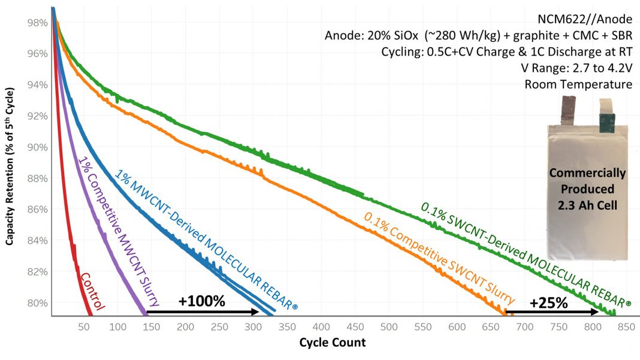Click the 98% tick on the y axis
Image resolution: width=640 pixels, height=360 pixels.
(38, 23)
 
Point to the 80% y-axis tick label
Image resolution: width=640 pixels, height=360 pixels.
(38, 302)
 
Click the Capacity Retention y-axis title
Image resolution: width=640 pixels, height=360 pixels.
(10, 168)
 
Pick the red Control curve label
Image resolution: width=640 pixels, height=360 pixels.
(92, 292)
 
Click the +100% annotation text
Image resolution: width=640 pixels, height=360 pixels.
(201, 301)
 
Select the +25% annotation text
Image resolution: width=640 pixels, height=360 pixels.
(548, 302)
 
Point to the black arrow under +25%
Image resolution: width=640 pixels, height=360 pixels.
(552, 312)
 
